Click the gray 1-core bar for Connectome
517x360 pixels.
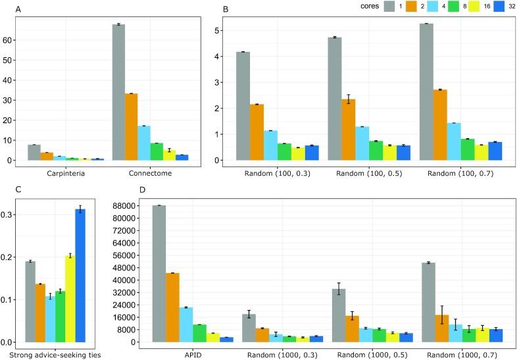[x=119, y=92]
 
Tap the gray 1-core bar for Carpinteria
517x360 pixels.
[x=34, y=153]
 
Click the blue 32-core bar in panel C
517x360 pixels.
[x=80, y=276]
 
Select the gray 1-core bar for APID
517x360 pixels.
[x=159, y=274]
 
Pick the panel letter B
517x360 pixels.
[x=226, y=11]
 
